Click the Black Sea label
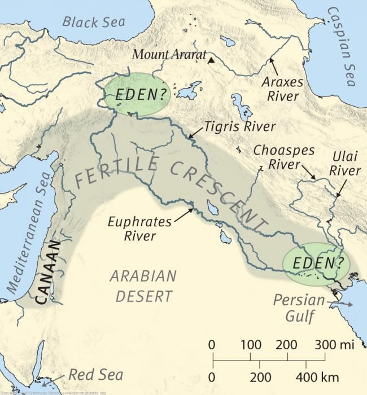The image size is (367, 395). coord(94,23)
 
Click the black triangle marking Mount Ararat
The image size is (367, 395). coord(210,60)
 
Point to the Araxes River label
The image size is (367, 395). coord(282,89)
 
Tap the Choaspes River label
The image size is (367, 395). coord(280,157)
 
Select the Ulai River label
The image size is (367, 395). coord(345,164)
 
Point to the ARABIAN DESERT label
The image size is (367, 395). coord(143,286)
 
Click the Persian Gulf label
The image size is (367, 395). coord(299,308)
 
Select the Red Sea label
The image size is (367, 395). coord(88,375)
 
